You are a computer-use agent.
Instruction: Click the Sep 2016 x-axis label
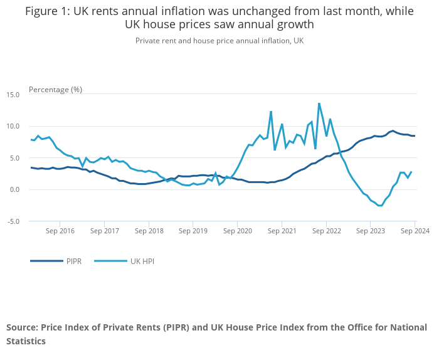pos(60,231)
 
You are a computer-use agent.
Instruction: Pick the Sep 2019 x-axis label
pos(193,231)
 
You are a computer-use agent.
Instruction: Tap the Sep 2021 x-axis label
pos(282,231)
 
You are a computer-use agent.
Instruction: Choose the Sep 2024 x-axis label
pos(415,231)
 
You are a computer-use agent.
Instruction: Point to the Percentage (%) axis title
pos(55,90)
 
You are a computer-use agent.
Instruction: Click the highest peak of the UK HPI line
pos(319,103)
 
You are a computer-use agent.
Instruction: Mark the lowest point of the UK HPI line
pos(380,206)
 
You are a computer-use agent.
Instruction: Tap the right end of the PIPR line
pos(415,136)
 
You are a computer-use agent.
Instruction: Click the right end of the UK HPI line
pos(411,172)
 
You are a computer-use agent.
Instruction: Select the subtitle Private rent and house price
pos(188,41)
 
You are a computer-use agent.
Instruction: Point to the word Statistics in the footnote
pos(26,342)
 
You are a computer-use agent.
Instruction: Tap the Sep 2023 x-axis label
pos(371,231)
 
